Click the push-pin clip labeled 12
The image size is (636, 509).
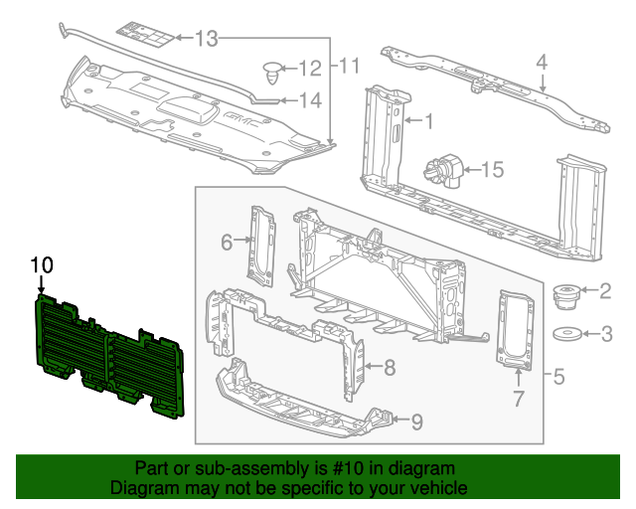[273, 71]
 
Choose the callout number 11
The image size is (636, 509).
[347, 67]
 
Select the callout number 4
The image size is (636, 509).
[542, 62]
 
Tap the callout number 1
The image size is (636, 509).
[429, 122]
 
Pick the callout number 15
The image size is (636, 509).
[493, 170]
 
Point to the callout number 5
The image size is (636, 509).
[558, 377]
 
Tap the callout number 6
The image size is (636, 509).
[226, 242]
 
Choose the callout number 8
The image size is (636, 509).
[390, 368]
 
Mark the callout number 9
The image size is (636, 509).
[416, 422]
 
